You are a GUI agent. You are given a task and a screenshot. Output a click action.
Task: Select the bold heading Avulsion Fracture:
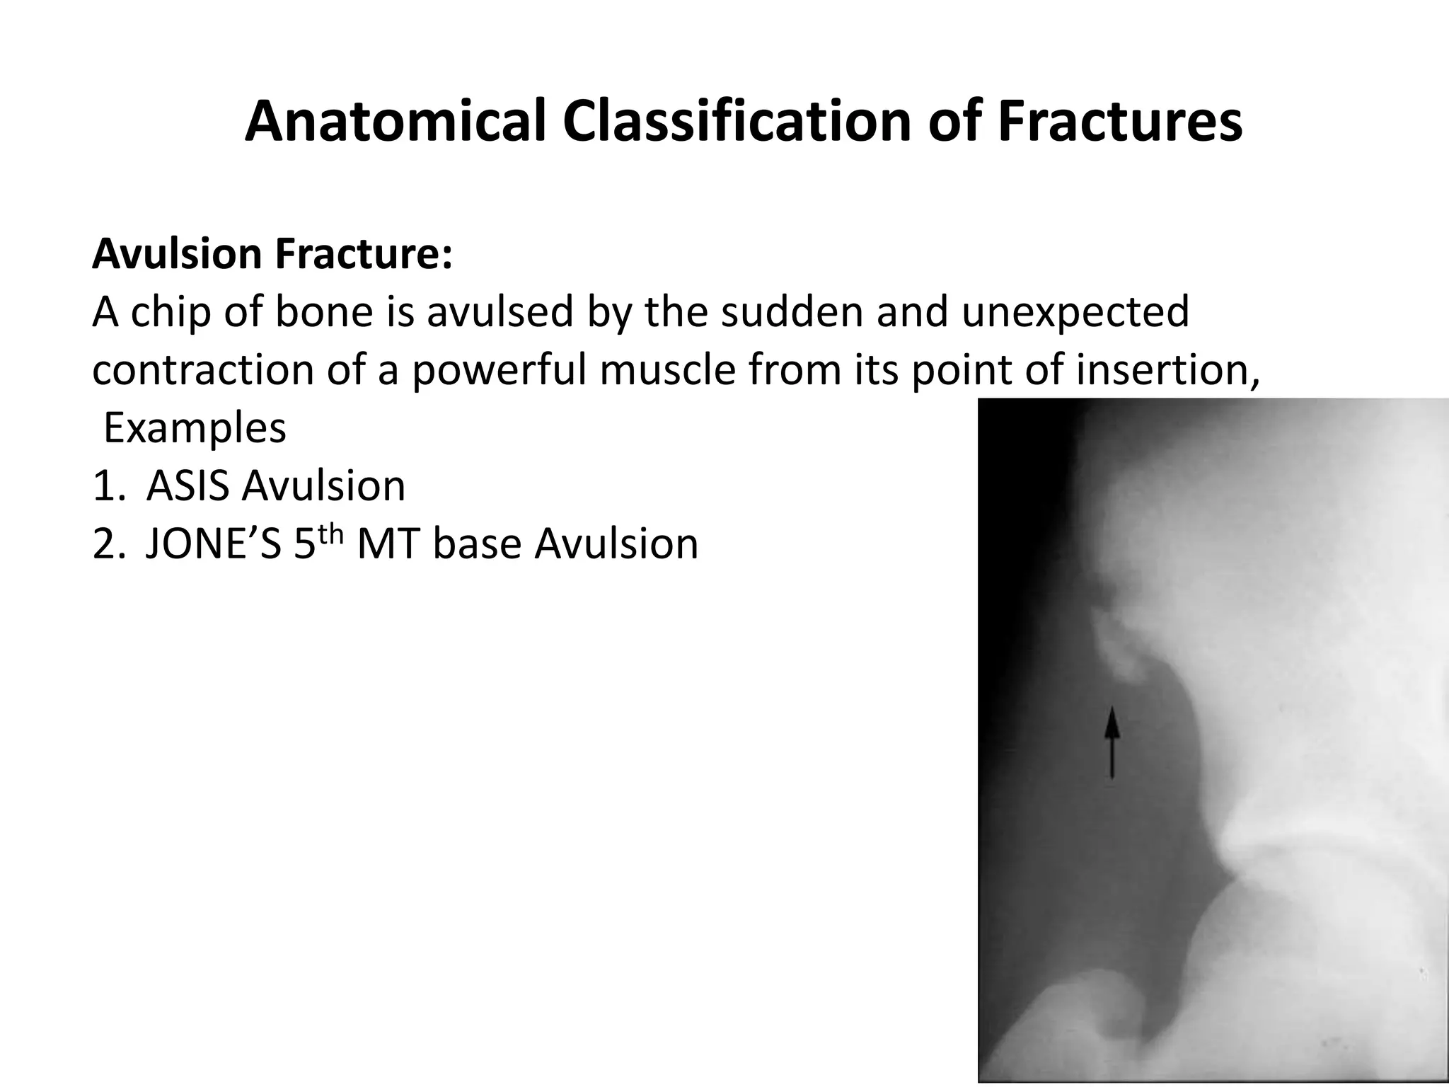[272, 254]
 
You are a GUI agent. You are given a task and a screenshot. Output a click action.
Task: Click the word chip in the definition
[171, 313]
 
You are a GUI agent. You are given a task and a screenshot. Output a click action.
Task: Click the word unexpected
[1075, 313]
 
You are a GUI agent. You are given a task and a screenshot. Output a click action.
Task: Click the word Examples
[195, 429]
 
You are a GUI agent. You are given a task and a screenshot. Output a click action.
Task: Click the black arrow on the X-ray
[1112, 743]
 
